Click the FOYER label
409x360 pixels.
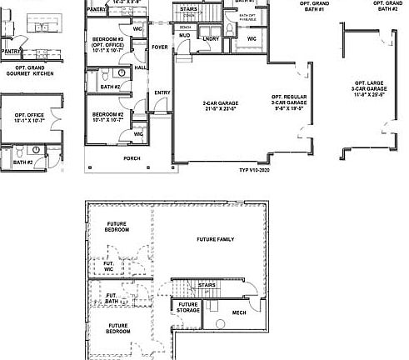[x=159, y=47]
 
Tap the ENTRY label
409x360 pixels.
[x=162, y=92]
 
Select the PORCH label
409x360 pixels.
[x=132, y=157]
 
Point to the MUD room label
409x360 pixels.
[x=184, y=37]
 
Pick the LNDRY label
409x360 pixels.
[x=211, y=38]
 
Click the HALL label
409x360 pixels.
[x=140, y=67]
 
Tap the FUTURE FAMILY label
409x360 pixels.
[x=215, y=239]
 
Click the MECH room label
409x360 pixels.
[x=239, y=312]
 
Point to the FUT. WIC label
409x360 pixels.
[x=108, y=266]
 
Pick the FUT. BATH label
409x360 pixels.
[x=111, y=297]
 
